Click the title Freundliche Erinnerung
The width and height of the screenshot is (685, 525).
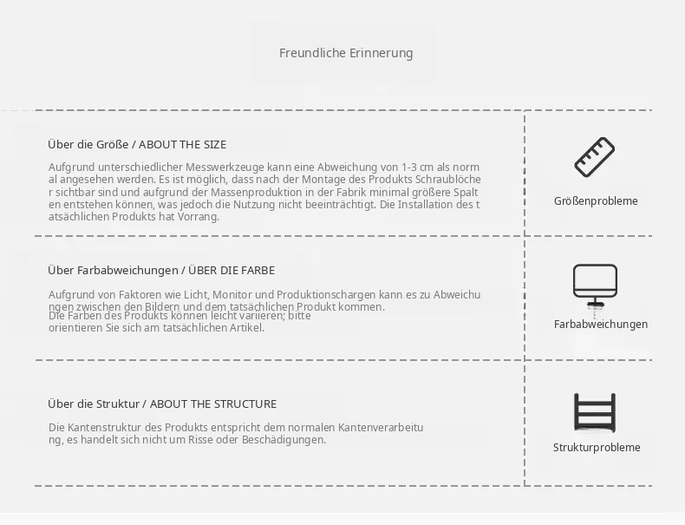(x=346, y=53)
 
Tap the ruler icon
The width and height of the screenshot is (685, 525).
(x=594, y=157)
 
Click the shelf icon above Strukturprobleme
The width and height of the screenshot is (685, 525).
(x=595, y=413)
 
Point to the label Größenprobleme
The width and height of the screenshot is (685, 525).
(x=596, y=201)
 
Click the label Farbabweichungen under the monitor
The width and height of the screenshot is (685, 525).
(x=601, y=325)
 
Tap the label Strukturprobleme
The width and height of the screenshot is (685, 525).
(x=597, y=448)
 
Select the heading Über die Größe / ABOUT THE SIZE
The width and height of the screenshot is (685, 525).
(x=137, y=145)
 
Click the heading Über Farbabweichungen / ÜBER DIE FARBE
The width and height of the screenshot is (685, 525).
(x=161, y=270)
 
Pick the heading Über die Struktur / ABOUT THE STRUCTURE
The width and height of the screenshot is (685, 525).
(x=162, y=404)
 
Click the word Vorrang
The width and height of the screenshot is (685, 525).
(x=198, y=217)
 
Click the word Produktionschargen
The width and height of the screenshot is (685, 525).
(x=326, y=295)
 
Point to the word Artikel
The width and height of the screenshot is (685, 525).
(x=247, y=328)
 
